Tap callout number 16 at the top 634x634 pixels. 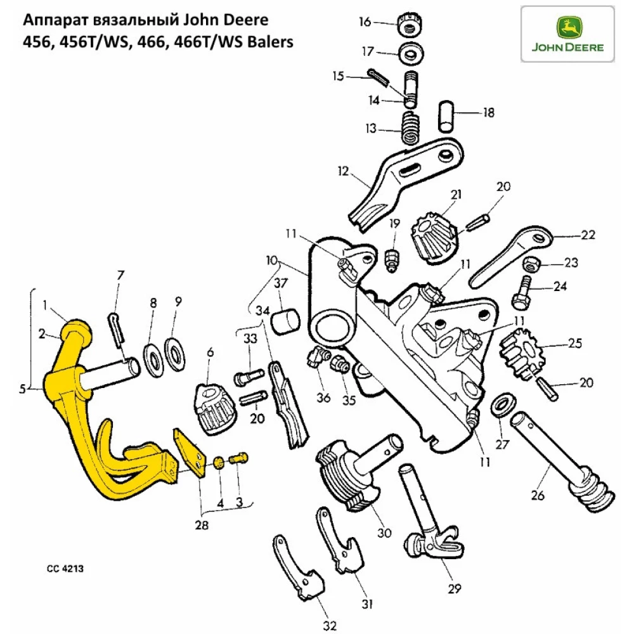coord(365,22)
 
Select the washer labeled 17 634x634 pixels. coord(412,55)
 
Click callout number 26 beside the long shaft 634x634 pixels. coord(537,496)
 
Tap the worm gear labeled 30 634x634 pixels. coord(346,472)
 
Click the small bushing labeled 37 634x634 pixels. coord(285,320)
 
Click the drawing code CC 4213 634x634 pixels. coord(64,569)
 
